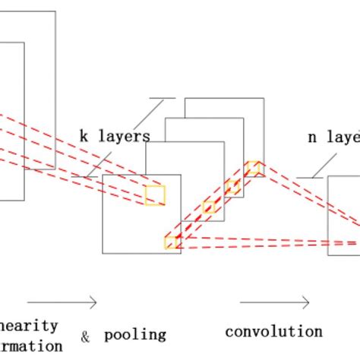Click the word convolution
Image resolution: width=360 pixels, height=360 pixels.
[x=273, y=332]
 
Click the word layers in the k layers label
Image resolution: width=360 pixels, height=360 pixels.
[x=124, y=137]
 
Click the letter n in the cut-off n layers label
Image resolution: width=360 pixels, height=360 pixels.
[x=312, y=138]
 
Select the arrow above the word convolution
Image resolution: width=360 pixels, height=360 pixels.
[x=274, y=303]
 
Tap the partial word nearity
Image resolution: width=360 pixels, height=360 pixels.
[x=29, y=325]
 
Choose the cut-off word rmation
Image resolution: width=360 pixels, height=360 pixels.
[x=31, y=346]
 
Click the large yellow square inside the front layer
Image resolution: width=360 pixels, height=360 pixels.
[x=155, y=195]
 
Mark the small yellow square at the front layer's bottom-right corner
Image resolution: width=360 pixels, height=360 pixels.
[x=172, y=242]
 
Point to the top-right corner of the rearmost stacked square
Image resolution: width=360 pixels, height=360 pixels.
[x=264, y=98]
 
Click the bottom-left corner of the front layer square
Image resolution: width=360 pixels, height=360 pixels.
[x=103, y=253]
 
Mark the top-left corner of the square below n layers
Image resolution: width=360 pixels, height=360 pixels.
[x=328, y=177]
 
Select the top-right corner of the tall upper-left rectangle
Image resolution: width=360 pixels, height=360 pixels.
[x=55, y=12]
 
